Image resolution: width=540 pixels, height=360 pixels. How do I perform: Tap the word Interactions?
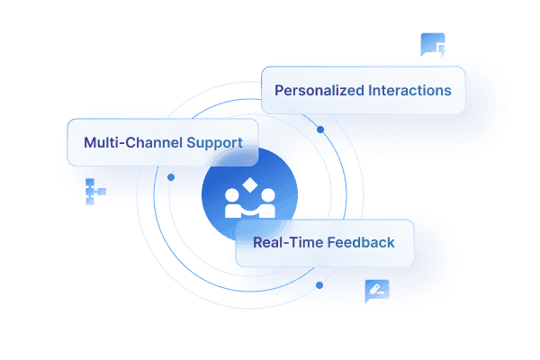click(x=410, y=91)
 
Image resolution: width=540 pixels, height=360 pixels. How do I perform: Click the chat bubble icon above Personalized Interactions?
click(x=432, y=44)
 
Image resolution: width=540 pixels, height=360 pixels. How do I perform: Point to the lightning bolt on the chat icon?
click(x=441, y=51)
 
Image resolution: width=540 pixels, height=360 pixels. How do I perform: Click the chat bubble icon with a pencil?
click(x=376, y=290)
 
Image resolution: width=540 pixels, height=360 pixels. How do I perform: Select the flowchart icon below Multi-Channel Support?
click(x=94, y=191)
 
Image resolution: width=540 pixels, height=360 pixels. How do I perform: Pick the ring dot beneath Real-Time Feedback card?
click(x=319, y=284)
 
